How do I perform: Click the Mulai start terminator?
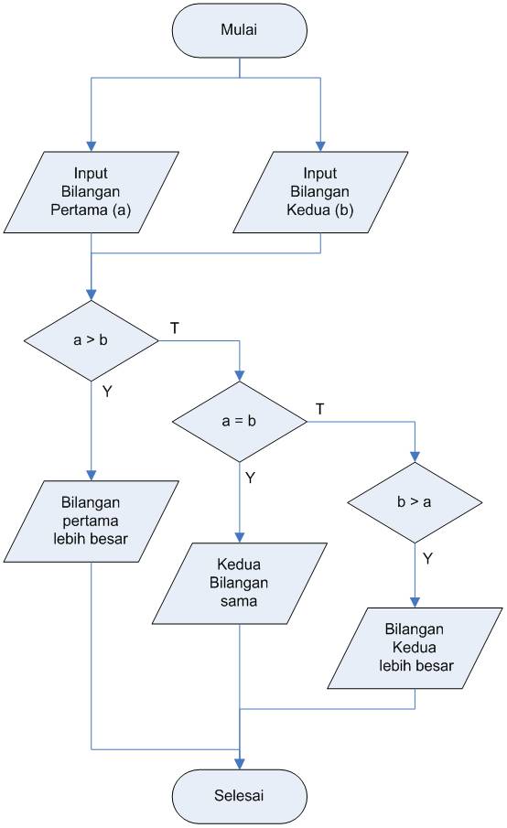pos(239,30)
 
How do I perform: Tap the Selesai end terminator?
pos(239,795)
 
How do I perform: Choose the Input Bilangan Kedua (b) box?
pos(320,193)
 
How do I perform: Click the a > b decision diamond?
pos(91,341)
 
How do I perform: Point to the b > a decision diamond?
pos(415,504)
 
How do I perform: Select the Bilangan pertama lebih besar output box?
pos(91,521)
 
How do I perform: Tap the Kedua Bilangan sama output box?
pos(239,584)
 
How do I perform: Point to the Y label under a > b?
pos(108,391)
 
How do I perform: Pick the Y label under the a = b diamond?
pos(251,477)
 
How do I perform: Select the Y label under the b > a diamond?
pos(427,555)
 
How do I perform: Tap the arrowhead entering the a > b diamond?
pos(91,295)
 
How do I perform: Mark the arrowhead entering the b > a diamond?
pos(415,460)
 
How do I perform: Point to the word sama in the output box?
pos(239,603)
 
